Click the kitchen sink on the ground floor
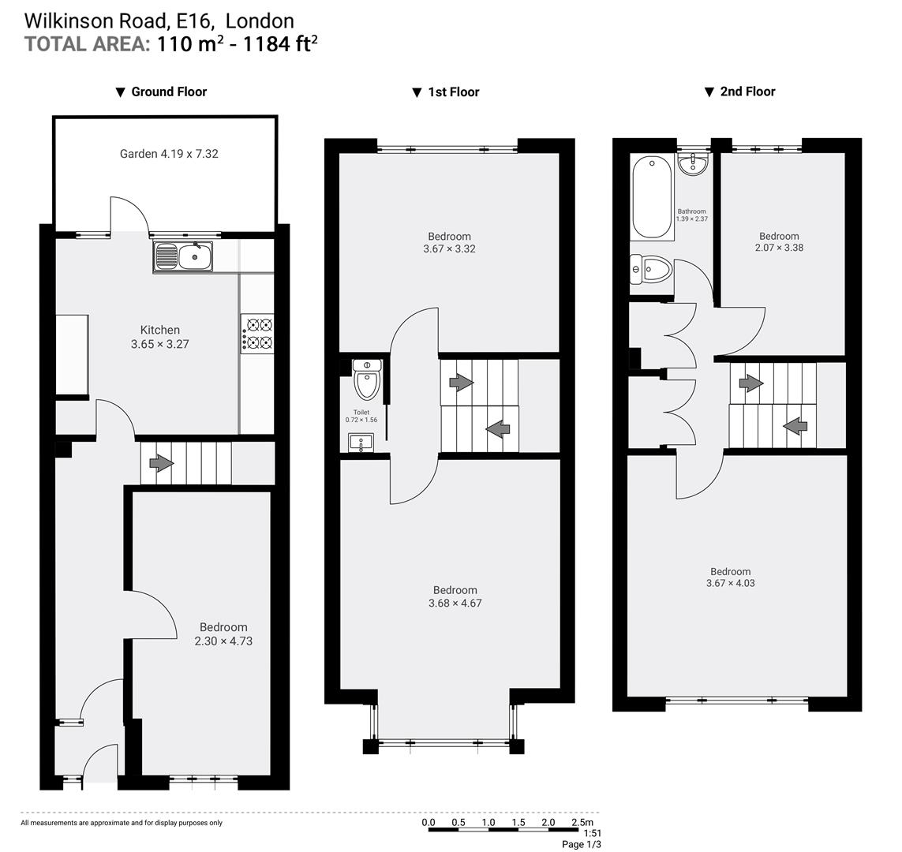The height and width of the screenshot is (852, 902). pos(183,256)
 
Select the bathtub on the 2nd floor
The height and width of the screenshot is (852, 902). pos(652,196)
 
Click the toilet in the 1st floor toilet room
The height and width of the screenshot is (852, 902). pos(367,379)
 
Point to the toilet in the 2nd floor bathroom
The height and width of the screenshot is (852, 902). pos(650,270)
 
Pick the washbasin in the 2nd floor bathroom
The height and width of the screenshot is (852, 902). pos(693,164)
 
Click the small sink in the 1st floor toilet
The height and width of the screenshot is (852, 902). pos(361,443)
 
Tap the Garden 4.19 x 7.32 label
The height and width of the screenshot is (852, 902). pos(169,154)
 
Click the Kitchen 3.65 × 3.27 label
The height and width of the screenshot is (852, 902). pos(160,337)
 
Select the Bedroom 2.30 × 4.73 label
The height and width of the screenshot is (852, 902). pos(223,634)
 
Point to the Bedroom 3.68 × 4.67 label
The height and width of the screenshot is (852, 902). pos(455,596)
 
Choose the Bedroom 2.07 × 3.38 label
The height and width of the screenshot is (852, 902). pos(779,241)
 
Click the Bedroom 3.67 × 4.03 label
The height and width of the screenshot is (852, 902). pos(730,577)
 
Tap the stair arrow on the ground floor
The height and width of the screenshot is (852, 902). pos(161,463)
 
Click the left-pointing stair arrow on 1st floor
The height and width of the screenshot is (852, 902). pos(497,429)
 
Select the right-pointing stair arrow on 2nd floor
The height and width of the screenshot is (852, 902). pos(750,384)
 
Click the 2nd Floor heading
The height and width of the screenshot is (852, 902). pos(747,92)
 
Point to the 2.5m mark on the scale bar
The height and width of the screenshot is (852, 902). pos(582,822)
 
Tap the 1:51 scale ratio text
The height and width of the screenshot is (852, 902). pos(592,833)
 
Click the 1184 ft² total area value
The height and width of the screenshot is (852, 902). pos(280,43)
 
